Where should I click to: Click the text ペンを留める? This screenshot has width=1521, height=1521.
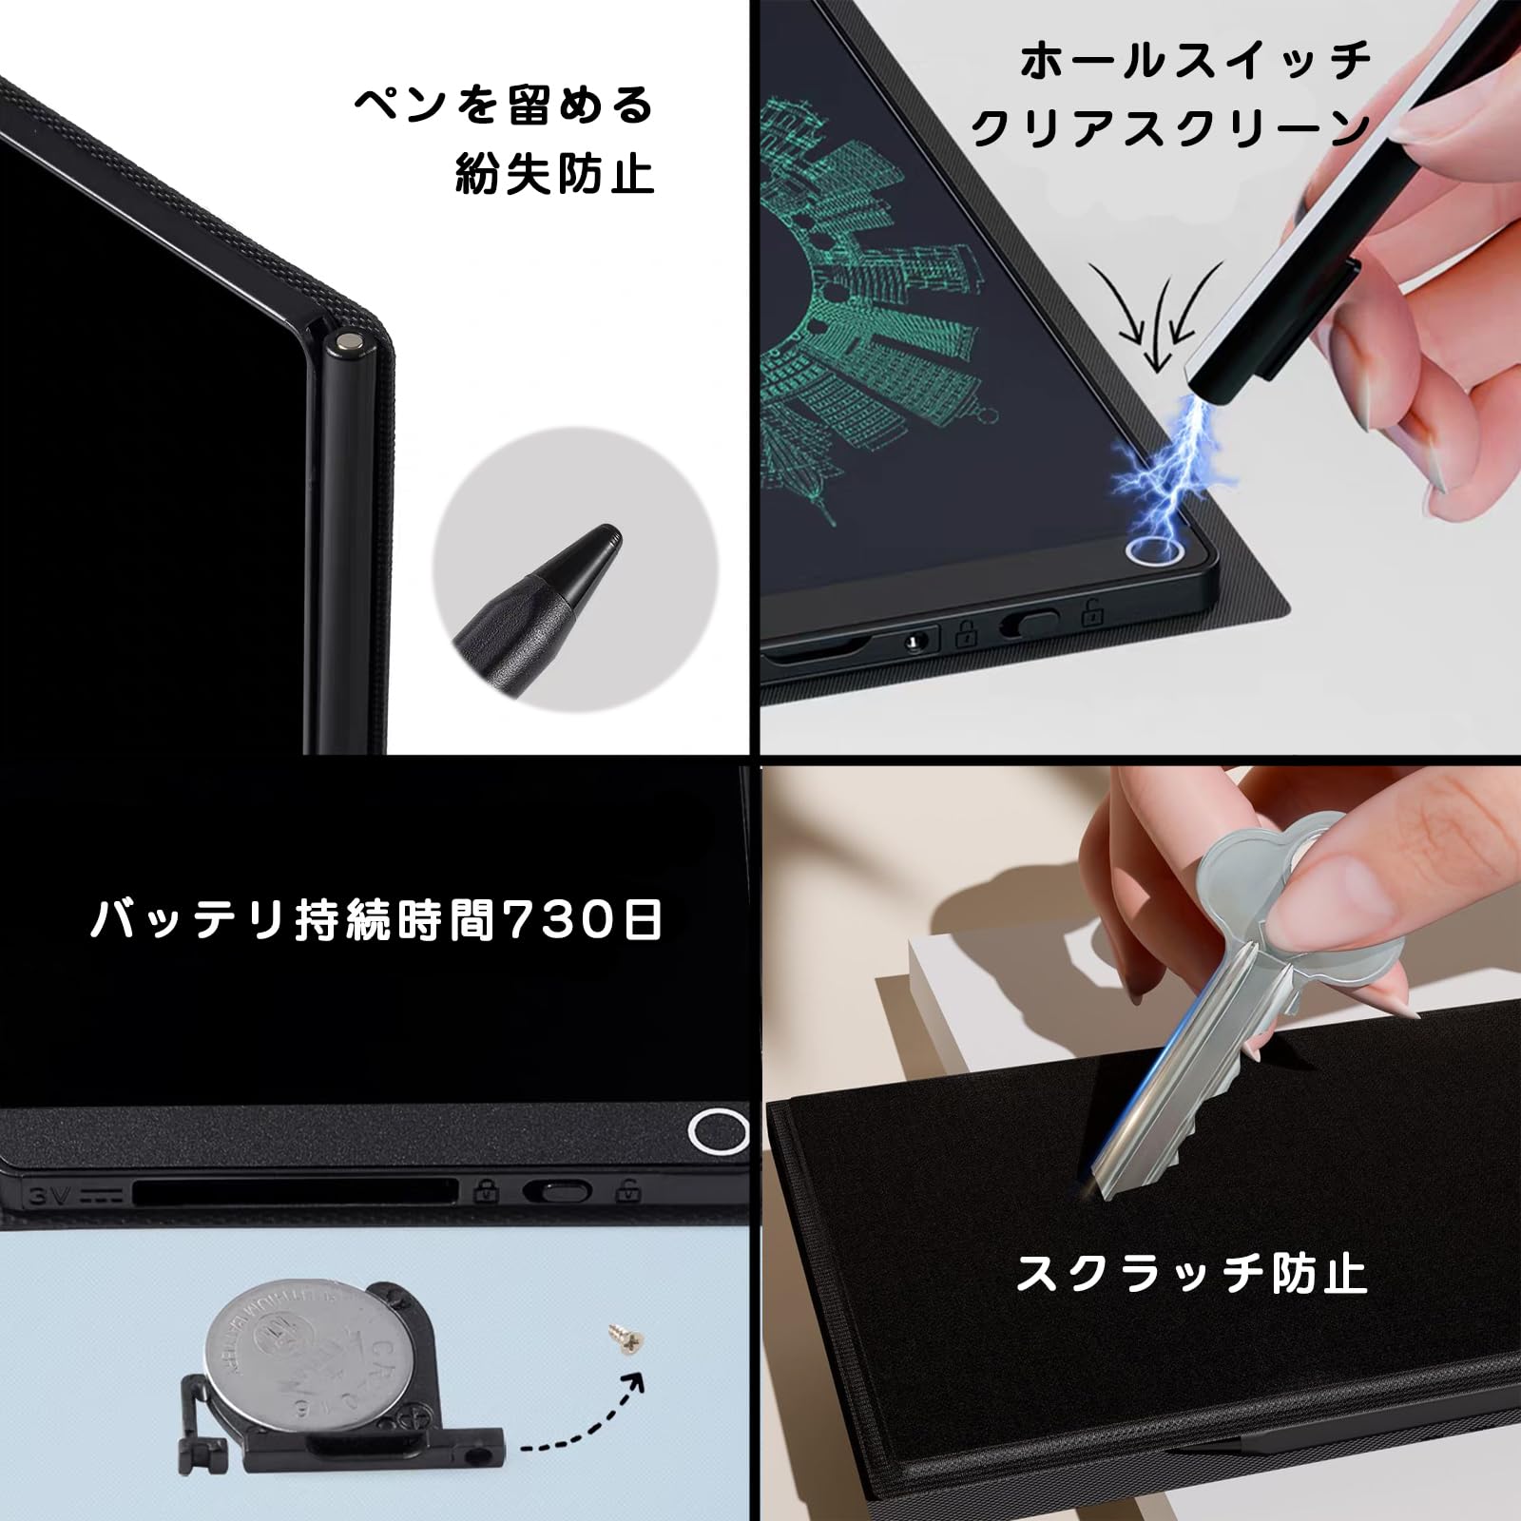(504, 106)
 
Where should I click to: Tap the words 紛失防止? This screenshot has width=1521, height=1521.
(555, 173)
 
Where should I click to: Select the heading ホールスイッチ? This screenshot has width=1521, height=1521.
(1196, 62)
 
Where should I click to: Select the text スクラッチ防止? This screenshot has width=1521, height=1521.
(1191, 1274)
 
